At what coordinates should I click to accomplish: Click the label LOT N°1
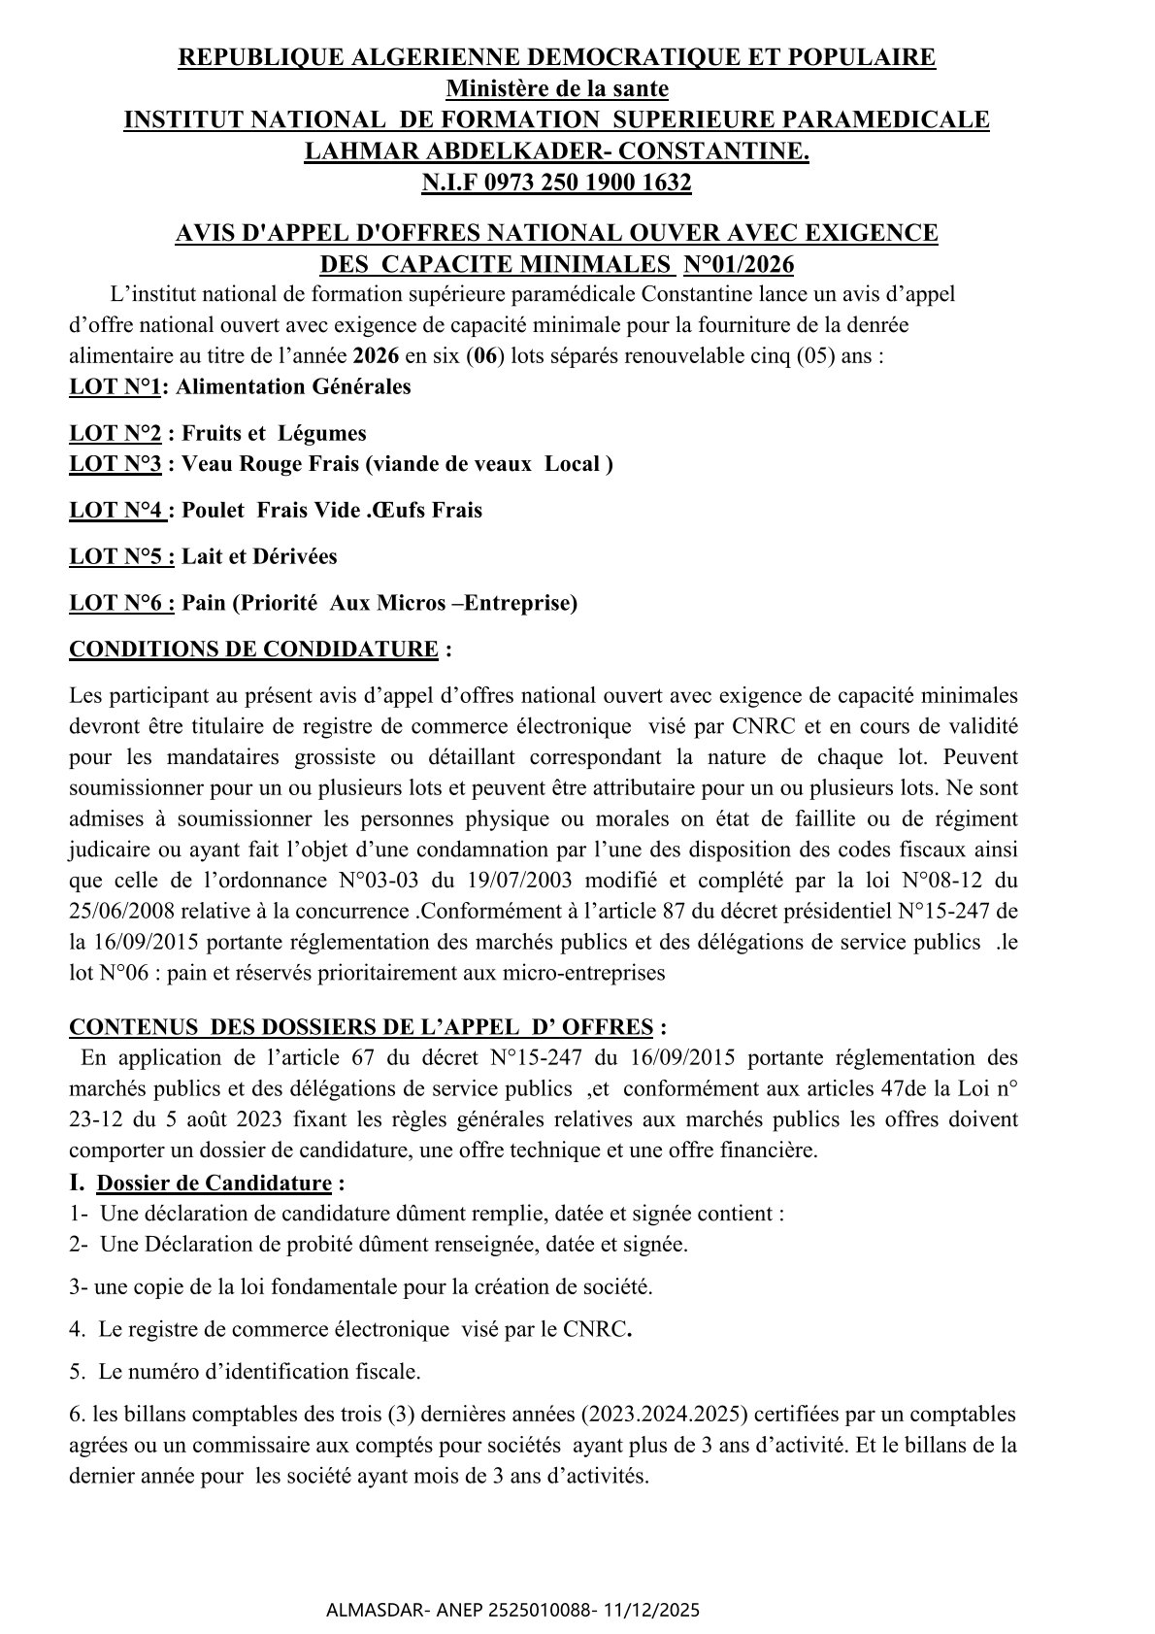click(115, 386)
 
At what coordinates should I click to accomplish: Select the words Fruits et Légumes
click(275, 433)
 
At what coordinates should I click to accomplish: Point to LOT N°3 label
click(115, 464)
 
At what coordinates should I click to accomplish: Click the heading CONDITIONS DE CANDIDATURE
click(253, 649)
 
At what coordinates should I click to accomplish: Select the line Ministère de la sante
click(557, 88)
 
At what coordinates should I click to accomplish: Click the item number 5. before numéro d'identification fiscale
click(77, 1372)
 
